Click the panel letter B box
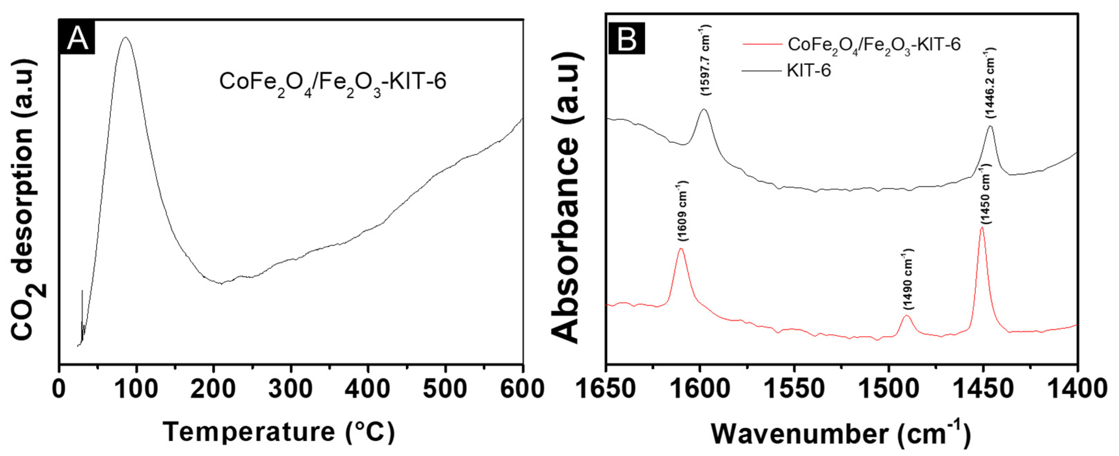click(x=626, y=39)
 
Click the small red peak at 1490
click(x=906, y=316)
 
